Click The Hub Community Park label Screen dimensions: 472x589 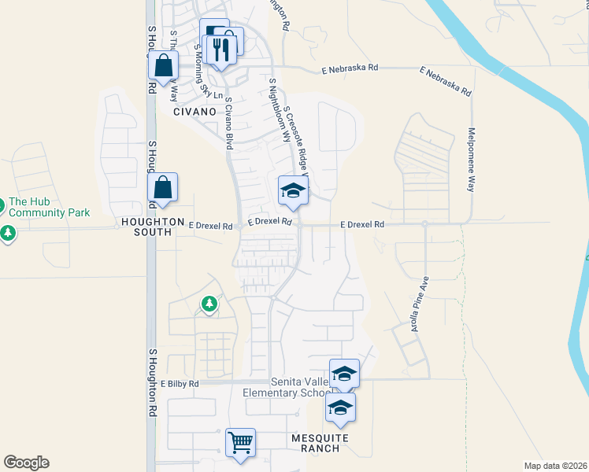[x=49, y=208]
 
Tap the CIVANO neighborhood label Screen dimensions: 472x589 [x=194, y=112]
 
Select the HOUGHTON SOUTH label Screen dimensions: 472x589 [x=153, y=223]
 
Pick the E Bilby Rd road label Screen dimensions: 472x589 [x=180, y=384]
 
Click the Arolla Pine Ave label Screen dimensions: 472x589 [x=419, y=303]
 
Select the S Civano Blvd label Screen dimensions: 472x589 [x=229, y=124]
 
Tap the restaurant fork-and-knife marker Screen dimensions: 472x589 [x=219, y=49]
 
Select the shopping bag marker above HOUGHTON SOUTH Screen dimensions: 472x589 [x=162, y=188]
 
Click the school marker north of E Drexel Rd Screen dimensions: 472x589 [x=293, y=190]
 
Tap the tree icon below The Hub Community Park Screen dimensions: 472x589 [x=8, y=233]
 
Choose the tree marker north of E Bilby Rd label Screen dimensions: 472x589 [x=209, y=303]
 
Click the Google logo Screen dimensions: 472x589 [x=26, y=463]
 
